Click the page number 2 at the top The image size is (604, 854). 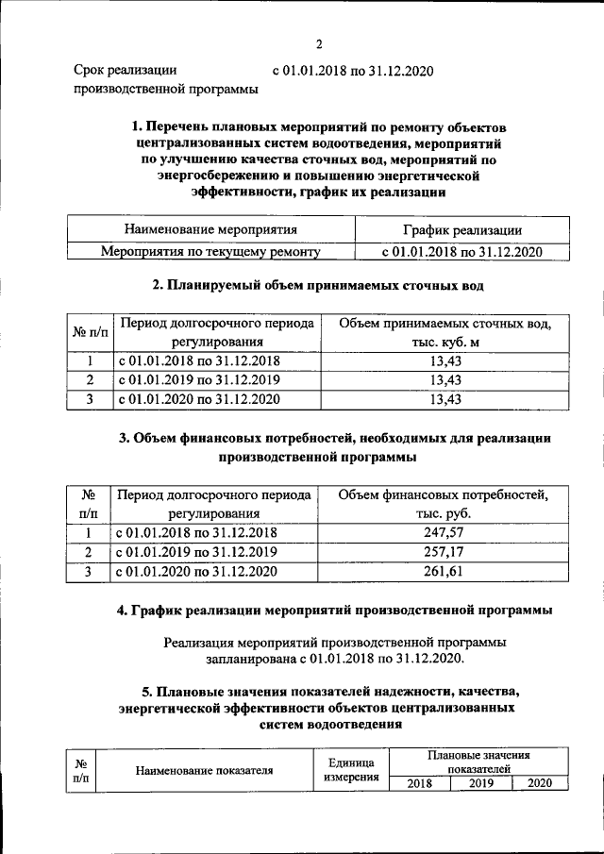click(x=319, y=44)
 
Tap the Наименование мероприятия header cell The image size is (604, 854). click(x=210, y=229)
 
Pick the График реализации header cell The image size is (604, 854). click(x=462, y=229)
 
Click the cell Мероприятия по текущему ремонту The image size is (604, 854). click(x=210, y=252)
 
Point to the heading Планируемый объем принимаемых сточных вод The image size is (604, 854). click(x=319, y=284)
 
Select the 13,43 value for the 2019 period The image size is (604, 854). click(x=445, y=379)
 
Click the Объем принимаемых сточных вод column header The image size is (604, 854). click(x=445, y=332)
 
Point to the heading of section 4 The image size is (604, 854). click(x=334, y=611)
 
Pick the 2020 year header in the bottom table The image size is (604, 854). click(x=540, y=783)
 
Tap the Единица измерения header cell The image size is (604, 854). click(x=351, y=770)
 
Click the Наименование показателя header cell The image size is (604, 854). click(x=204, y=770)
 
